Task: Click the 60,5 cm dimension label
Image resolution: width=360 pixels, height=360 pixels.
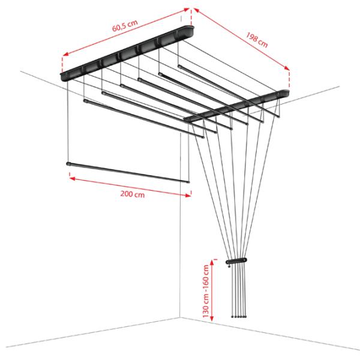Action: [x=125, y=26]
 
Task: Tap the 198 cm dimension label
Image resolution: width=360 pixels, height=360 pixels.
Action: [x=257, y=40]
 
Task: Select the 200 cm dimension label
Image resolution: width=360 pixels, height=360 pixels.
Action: [x=133, y=194]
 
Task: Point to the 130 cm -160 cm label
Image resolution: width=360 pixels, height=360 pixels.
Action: [x=206, y=291]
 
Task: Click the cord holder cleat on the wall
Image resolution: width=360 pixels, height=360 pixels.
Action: [x=236, y=261]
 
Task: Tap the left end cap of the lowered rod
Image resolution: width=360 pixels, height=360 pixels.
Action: [x=68, y=164]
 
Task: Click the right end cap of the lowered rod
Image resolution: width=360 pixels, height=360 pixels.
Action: [x=188, y=182]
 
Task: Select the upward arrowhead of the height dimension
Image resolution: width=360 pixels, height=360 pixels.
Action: [x=212, y=262]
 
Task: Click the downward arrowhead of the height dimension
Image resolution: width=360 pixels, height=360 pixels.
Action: [x=212, y=318]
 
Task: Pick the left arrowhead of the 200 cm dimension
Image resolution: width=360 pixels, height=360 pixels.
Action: [x=73, y=178]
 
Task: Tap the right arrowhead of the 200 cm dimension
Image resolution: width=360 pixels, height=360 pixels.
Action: [x=188, y=195]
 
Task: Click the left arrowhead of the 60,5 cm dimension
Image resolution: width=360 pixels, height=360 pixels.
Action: [x=65, y=54]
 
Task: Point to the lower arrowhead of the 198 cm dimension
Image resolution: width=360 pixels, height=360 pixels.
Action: [x=287, y=68]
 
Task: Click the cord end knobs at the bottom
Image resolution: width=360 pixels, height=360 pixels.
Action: [x=239, y=316]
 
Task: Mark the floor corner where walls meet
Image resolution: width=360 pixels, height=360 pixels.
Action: [x=180, y=317]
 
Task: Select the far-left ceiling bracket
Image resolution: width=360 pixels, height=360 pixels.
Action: [x=127, y=53]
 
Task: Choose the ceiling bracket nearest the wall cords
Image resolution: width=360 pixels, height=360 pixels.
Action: [x=236, y=106]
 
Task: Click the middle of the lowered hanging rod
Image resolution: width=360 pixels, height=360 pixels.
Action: [x=128, y=173]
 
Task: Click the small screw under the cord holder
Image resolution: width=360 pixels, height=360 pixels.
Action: [x=229, y=266]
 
